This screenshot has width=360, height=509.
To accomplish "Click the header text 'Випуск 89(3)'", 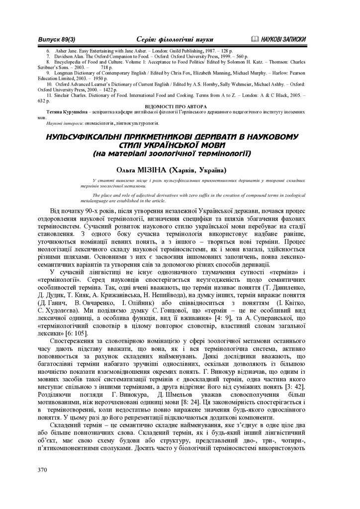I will click(x=57, y=39).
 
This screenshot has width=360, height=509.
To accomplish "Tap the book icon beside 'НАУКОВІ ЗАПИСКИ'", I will click(x=256, y=39).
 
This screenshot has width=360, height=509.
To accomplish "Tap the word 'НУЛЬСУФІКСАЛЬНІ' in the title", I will click(x=84, y=136).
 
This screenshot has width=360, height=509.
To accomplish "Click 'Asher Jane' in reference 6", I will click(x=65, y=51).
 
